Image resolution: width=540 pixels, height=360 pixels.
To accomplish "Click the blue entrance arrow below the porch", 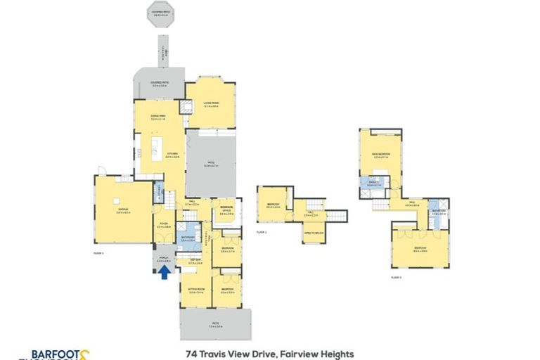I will click(164, 272).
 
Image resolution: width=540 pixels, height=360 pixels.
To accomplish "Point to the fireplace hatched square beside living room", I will click(186, 108).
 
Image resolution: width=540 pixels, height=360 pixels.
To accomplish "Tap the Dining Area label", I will click(158, 117).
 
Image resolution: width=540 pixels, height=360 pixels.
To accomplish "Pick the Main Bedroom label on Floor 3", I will click(382, 155).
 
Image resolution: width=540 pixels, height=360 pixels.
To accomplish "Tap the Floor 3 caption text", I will click(396, 277).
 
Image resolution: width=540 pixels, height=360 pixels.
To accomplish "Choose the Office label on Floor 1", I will click(227, 210).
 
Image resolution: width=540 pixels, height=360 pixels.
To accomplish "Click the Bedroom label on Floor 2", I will click(274, 205).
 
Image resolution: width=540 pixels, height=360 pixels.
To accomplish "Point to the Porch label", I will click(162, 259).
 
